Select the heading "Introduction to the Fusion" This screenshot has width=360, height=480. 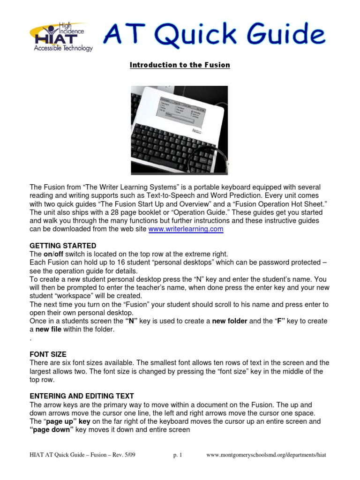coord(180,65)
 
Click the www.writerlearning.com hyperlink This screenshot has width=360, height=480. coord(186,229)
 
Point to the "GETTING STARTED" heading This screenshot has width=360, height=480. coord(63,246)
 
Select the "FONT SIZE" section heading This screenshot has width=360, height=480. coord(48,354)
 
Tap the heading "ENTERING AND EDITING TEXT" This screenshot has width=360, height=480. coord(82,396)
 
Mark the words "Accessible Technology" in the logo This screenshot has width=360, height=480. coord(63,48)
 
